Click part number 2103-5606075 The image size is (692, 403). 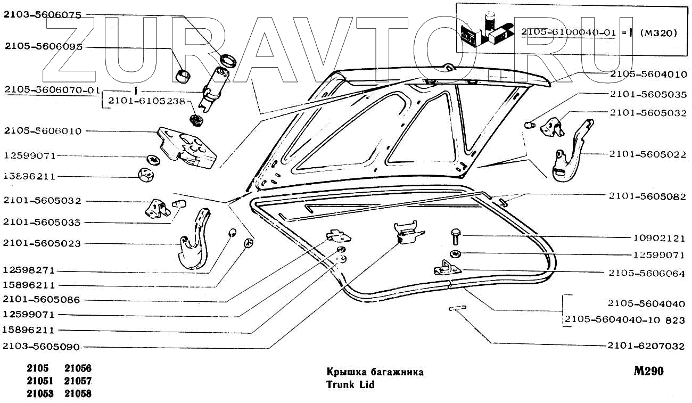point(42,15)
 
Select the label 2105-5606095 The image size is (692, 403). point(42,47)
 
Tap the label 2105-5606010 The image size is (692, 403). point(42,131)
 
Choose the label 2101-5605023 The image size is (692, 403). point(42,243)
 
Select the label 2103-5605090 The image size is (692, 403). point(42,347)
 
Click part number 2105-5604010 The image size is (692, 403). point(648,74)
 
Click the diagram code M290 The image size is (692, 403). point(648,371)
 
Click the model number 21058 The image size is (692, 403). point(78,394)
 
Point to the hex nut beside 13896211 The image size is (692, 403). point(145,174)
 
